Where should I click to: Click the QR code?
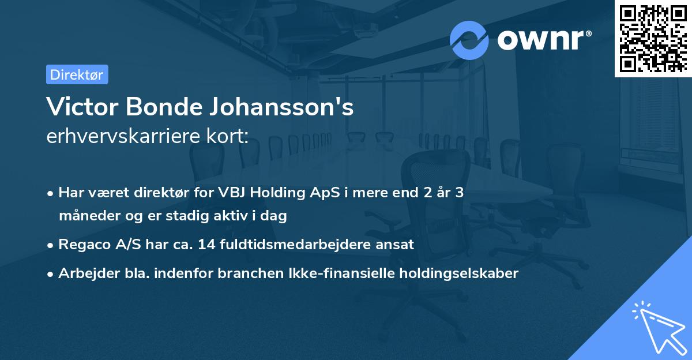(x=653, y=38)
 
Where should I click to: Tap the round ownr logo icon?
(x=469, y=40)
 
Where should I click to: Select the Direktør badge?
(x=77, y=74)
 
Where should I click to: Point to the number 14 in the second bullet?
(x=205, y=245)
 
